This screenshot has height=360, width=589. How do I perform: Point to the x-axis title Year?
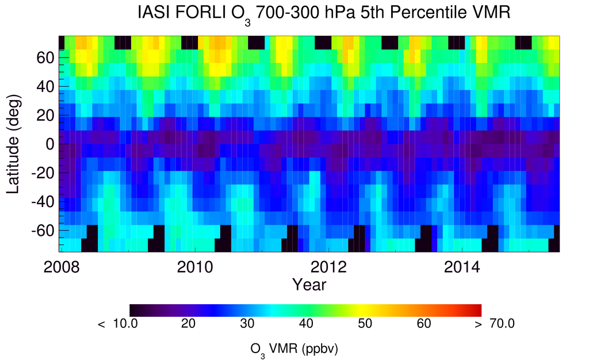coord(309,284)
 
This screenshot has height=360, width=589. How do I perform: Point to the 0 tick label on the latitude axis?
coord(50,144)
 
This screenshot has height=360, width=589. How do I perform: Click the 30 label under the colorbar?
coord(247,324)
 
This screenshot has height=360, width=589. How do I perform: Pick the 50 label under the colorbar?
coord(364,324)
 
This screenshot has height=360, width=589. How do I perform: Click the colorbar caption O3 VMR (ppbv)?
coord(297,348)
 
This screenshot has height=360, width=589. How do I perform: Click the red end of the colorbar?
coord(476,310)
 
